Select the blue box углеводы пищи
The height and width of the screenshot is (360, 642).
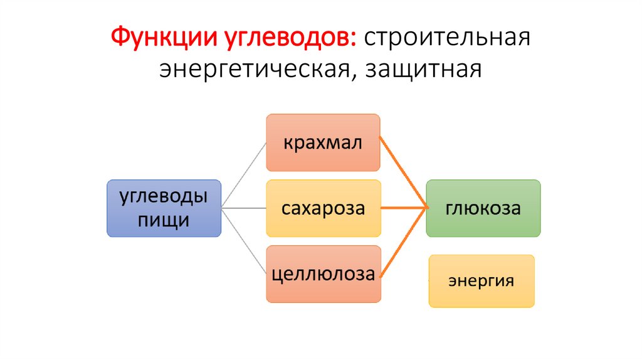pos(164,208)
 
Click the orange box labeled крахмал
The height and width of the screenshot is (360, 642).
pos(323,142)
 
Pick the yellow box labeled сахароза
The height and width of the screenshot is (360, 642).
pos(323,208)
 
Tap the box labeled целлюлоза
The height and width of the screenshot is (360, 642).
pos(323,274)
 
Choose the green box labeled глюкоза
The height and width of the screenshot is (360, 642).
pos(483,208)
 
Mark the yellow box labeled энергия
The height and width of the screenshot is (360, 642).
pos(481,280)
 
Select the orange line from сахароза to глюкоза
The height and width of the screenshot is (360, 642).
pos(404,208)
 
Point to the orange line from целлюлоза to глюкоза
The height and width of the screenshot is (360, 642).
pos(404,242)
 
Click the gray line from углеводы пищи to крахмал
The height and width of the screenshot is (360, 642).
pos(244,174)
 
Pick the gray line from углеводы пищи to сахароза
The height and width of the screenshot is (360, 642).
pos(244,208)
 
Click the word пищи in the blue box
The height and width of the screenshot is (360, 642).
pos(164,220)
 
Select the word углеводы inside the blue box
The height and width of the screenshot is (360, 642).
pos(164,197)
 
